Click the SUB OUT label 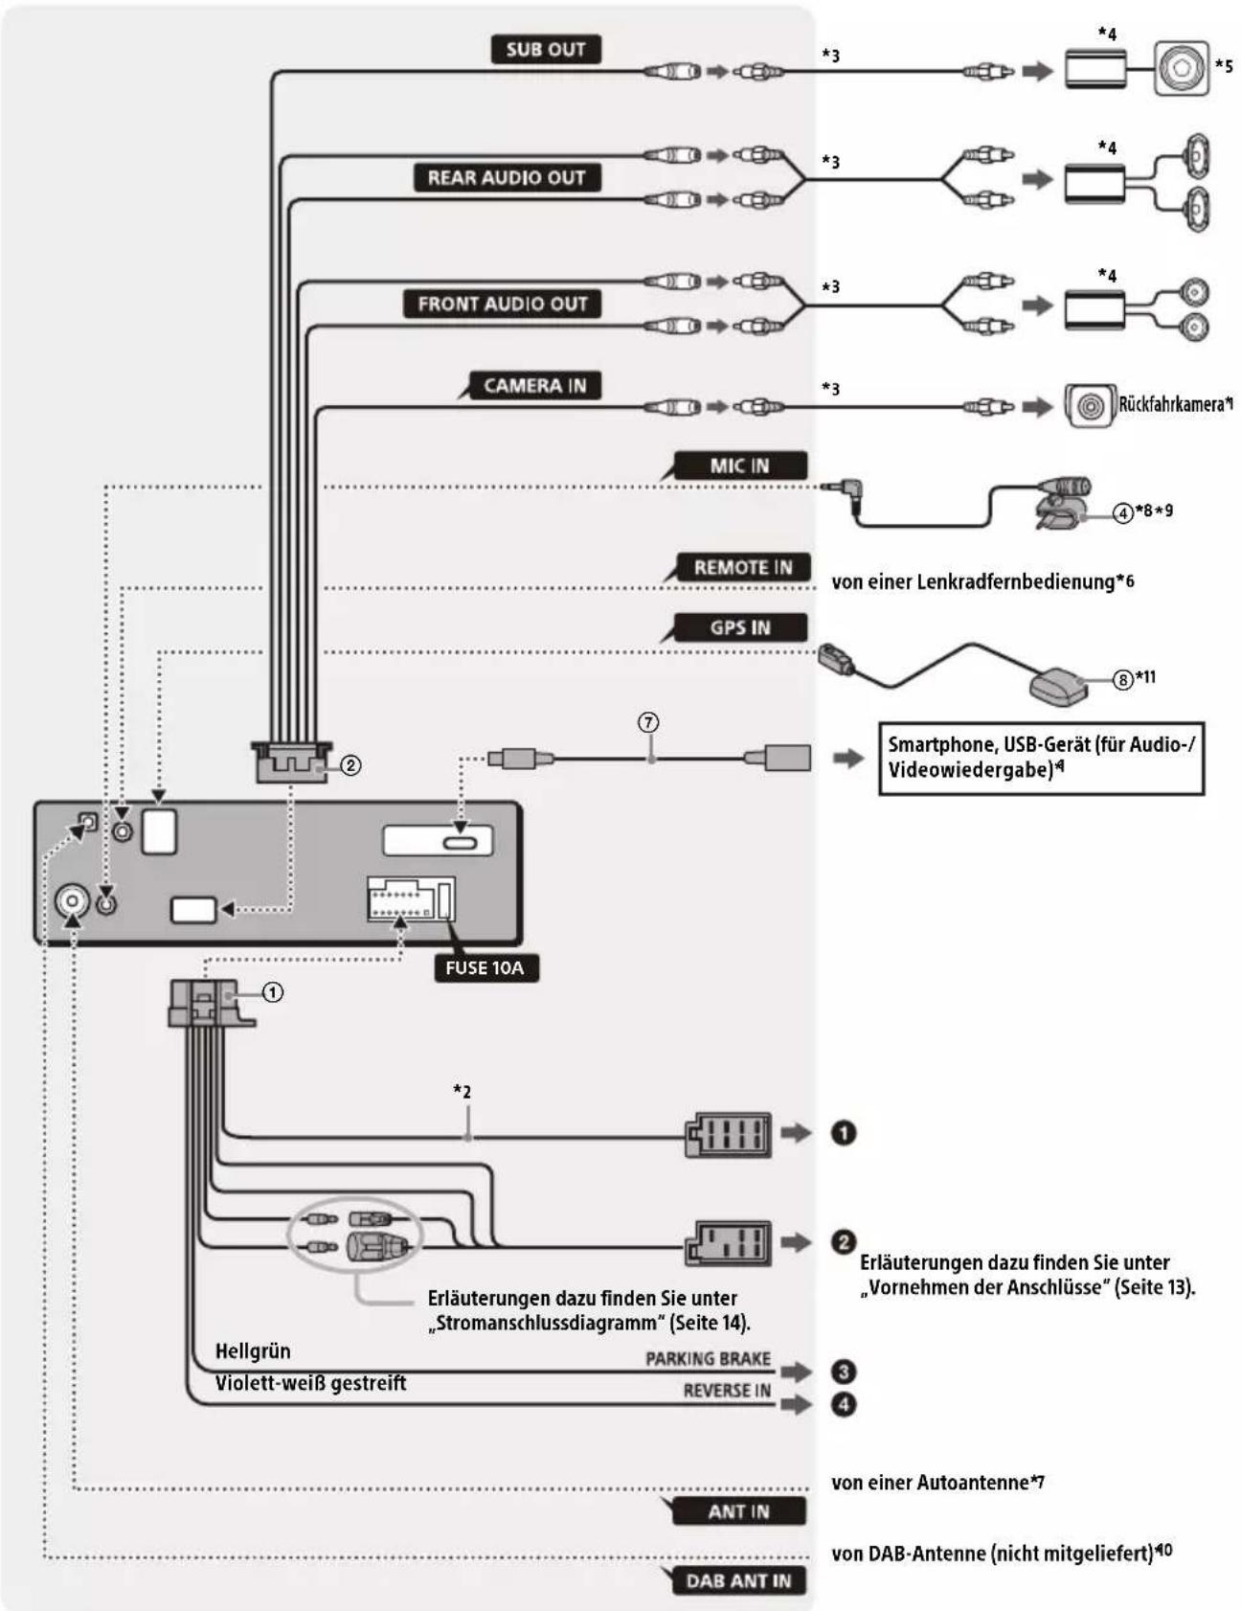pyautogui.click(x=546, y=50)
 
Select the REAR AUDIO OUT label pyautogui.click(x=507, y=178)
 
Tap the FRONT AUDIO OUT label pyautogui.click(x=503, y=305)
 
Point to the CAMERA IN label pyautogui.click(x=534, y=386)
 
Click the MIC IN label pyautogui.click(x=739, y=466)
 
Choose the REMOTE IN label pyautogui.click(x=743, y=568)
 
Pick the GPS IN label pyautogui.click(x=739, y=628)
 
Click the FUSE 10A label pyautogui.click(x=485, y=968)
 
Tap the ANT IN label pyautogui.click(x=738, y=1511)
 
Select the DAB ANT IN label pyautogui.click(x=738, y=1580)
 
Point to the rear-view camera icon pyautogui.click(x=1090, y=405)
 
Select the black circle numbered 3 pyautogui.click(x=844, y=1372)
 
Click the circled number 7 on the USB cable pyautogui.click(x=649, y=722)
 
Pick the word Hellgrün pyautogui.click(x=253, y=1351)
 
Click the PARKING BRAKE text pyautogui.click(x=708, y=1359)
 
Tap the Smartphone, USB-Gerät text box pyautogui.click(x=1041, y=758)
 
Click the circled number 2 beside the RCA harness pyautogui.click(x=351, y=765)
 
